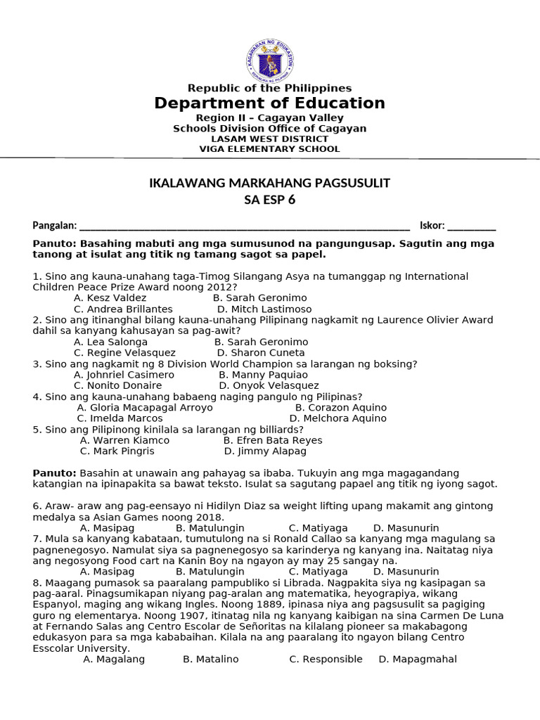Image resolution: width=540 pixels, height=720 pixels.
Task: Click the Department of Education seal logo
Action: [270, 60]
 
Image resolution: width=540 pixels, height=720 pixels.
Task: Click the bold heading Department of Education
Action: [270, 103]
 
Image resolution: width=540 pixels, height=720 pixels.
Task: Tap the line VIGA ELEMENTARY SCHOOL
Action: [270, 149]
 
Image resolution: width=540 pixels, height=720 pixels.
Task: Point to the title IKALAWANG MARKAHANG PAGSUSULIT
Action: [270, 184]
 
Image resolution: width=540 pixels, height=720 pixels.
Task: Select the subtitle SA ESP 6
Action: [270, 200]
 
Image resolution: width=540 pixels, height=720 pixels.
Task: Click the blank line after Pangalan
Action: [245, 226]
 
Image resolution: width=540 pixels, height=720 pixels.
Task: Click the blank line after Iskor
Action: [471, 226]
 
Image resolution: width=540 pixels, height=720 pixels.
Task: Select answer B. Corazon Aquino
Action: [341, 408]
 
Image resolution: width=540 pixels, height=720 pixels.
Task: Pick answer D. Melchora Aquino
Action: [338, 418]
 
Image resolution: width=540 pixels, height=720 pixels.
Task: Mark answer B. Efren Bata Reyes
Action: [273, 440]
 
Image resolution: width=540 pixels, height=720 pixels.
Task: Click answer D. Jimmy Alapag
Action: [265, 451]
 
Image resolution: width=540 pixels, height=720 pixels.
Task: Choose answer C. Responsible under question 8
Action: [326, 660]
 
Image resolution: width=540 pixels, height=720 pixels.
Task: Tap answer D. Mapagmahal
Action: [418, 660]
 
